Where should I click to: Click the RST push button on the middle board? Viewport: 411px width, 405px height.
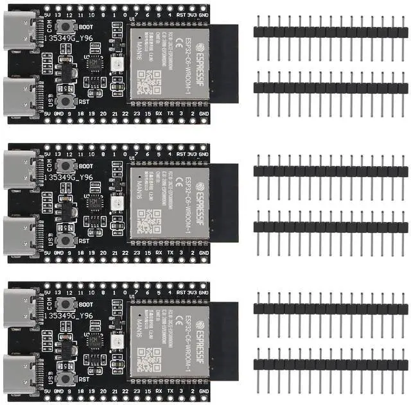(x=64, y=239)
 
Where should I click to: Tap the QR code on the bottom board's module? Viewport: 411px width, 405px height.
(x=149, y=358)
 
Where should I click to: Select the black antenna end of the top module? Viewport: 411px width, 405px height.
(x=224, y=64)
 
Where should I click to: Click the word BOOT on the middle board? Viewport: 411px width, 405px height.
(x=85, y=165)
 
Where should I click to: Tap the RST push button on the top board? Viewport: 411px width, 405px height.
(x=64, y=101)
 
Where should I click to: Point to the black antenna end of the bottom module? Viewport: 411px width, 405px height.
(x=224, y=340)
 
